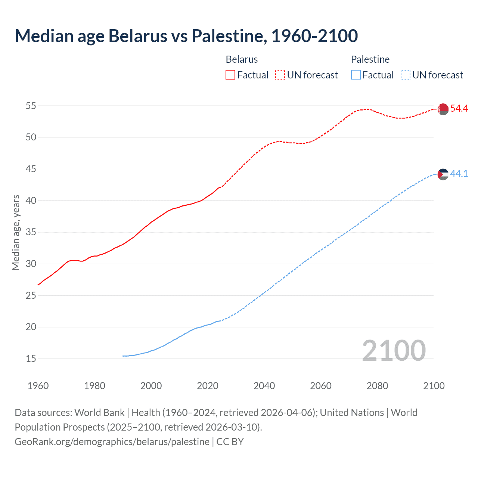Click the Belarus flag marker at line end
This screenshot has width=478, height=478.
coord(443,109)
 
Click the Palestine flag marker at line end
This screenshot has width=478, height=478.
coord(443,174)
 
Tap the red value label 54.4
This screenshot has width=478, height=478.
coord(459,109)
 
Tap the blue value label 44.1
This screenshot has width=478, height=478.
coord(459,174)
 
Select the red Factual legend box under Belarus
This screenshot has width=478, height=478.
coord(230,75)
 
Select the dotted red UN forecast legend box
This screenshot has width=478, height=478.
coord(280,75)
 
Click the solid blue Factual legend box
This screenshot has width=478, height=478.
coord(356,75)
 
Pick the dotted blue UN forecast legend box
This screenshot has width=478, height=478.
coord(405,75)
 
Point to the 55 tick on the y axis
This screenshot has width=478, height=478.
coord(31,106)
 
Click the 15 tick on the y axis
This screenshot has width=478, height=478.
coord(31,359)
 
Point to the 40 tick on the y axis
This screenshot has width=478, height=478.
coord(31,201)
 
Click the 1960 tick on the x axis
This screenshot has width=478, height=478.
coord(38,386)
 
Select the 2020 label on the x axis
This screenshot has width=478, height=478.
coord(208,386)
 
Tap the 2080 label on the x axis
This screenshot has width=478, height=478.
coord(377,386)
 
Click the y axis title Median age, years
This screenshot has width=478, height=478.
coord(16,232)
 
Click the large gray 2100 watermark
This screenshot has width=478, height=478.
coord(394,351)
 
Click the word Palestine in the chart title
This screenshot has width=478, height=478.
coord(229,36)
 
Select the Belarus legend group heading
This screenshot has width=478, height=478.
coord(242,59)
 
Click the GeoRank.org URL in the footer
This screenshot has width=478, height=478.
coord(112,442)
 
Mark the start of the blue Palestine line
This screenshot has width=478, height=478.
coord(123,356)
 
